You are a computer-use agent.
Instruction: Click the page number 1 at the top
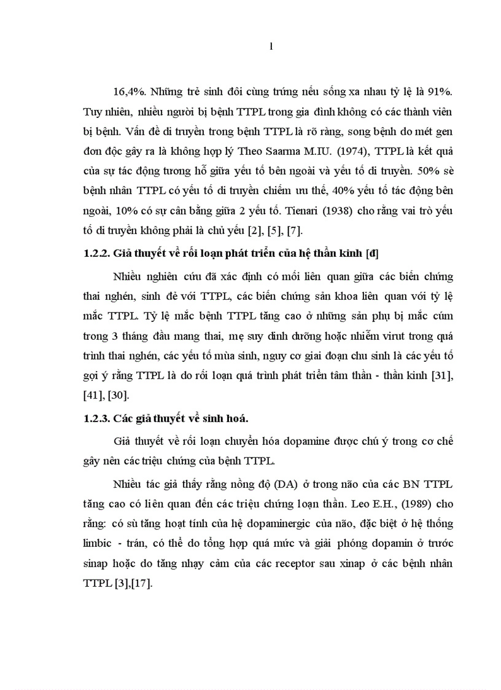(271, 47)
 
